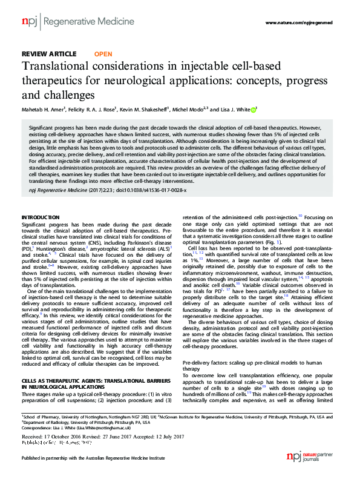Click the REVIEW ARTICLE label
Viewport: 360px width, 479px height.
click(49, 54)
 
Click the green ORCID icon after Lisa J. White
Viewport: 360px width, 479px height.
click(254, 110)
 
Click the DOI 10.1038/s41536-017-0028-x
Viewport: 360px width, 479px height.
click(145, 190)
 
